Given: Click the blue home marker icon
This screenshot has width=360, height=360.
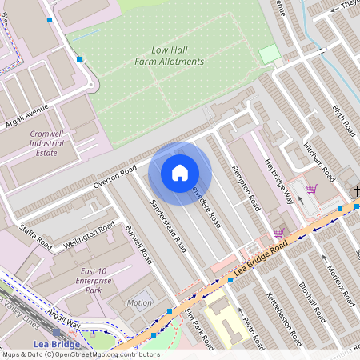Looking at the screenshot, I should tap(180, 173).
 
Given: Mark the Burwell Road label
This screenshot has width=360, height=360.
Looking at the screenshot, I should tap(138, 245).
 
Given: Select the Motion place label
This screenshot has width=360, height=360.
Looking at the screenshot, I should tap(139, 303).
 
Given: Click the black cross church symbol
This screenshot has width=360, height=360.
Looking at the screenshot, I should tap(356, 190).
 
